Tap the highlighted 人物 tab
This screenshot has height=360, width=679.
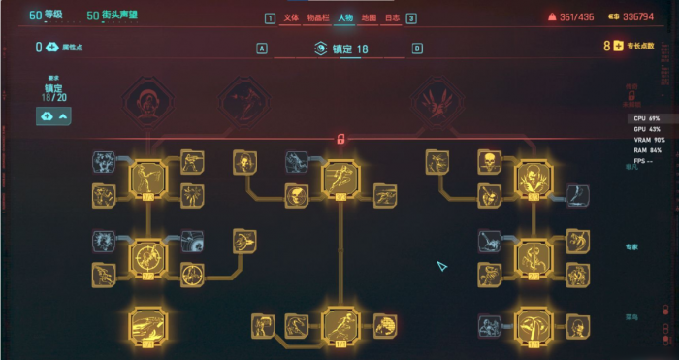[x=345, y=17]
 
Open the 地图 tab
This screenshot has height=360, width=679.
[x=369, y=17]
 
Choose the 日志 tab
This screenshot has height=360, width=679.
[x=392, y=17]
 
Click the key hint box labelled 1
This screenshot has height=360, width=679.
[x=270, y=18]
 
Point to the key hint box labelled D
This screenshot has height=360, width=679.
[x=417, y=48]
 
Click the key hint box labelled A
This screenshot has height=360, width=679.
[x=262, y=48]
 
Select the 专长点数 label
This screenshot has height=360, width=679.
[x=641, y=46]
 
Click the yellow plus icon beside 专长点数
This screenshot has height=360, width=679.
[x=618, y=46]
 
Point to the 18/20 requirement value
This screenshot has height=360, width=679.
[x=54, y=97]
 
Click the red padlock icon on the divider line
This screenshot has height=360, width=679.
[x=340, y=139]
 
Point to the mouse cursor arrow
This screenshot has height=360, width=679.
[x=441, y=264]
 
